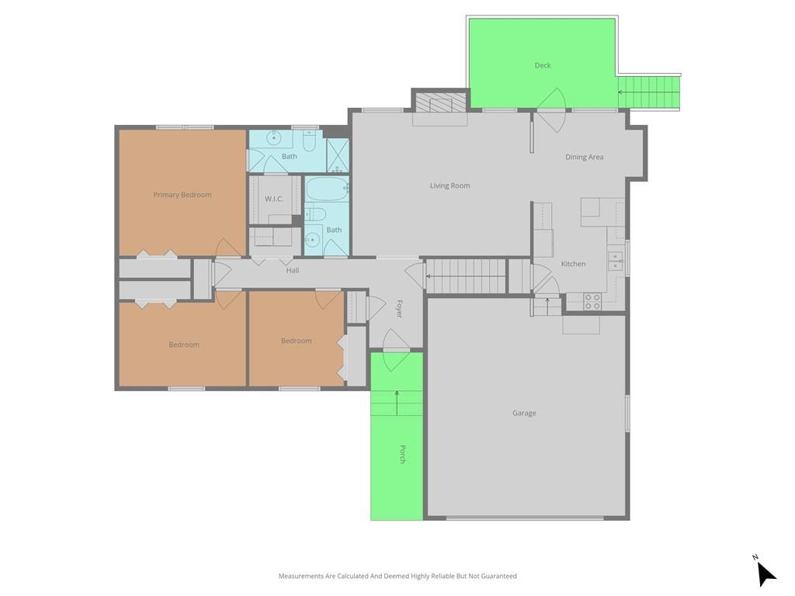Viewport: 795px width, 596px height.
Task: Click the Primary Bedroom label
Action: [182, 195]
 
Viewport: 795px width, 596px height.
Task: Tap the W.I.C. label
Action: [274, 199]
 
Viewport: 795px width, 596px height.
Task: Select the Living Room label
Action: [450, 185]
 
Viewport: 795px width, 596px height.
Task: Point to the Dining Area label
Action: [584, 157]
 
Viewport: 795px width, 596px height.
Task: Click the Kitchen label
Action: [573, 264]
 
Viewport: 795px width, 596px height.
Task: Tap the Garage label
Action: [524, 413]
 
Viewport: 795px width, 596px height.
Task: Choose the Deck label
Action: [543, 65]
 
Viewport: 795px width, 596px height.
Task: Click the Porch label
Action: [402, 454]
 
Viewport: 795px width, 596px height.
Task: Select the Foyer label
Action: [399, 309]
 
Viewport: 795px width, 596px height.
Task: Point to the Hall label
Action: [293, 271]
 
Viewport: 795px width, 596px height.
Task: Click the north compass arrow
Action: [765, 573]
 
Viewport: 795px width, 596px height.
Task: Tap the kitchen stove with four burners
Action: [592, 301]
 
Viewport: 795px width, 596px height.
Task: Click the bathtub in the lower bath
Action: [327, 189]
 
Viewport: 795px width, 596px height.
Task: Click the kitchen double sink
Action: [616, 262]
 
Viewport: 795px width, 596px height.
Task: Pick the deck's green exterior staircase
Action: [648, 92]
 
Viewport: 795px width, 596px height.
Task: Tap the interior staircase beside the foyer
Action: [466, 276]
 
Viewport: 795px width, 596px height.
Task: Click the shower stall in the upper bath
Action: [337, 155]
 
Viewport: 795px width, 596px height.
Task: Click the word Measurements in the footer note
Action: [301, 577]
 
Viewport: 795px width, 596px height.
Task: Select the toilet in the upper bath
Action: [309, 141]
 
